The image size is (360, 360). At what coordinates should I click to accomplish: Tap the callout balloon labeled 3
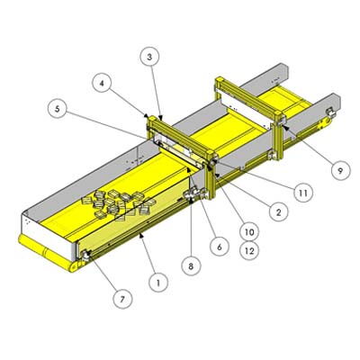pos(150,56)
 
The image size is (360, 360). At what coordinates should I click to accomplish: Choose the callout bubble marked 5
pos(58,110)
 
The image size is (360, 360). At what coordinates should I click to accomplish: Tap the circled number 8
pos(190,265)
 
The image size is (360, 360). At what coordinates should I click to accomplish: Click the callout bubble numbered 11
pos(305,191)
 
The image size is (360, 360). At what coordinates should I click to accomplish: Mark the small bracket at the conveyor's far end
pos(329,112)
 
